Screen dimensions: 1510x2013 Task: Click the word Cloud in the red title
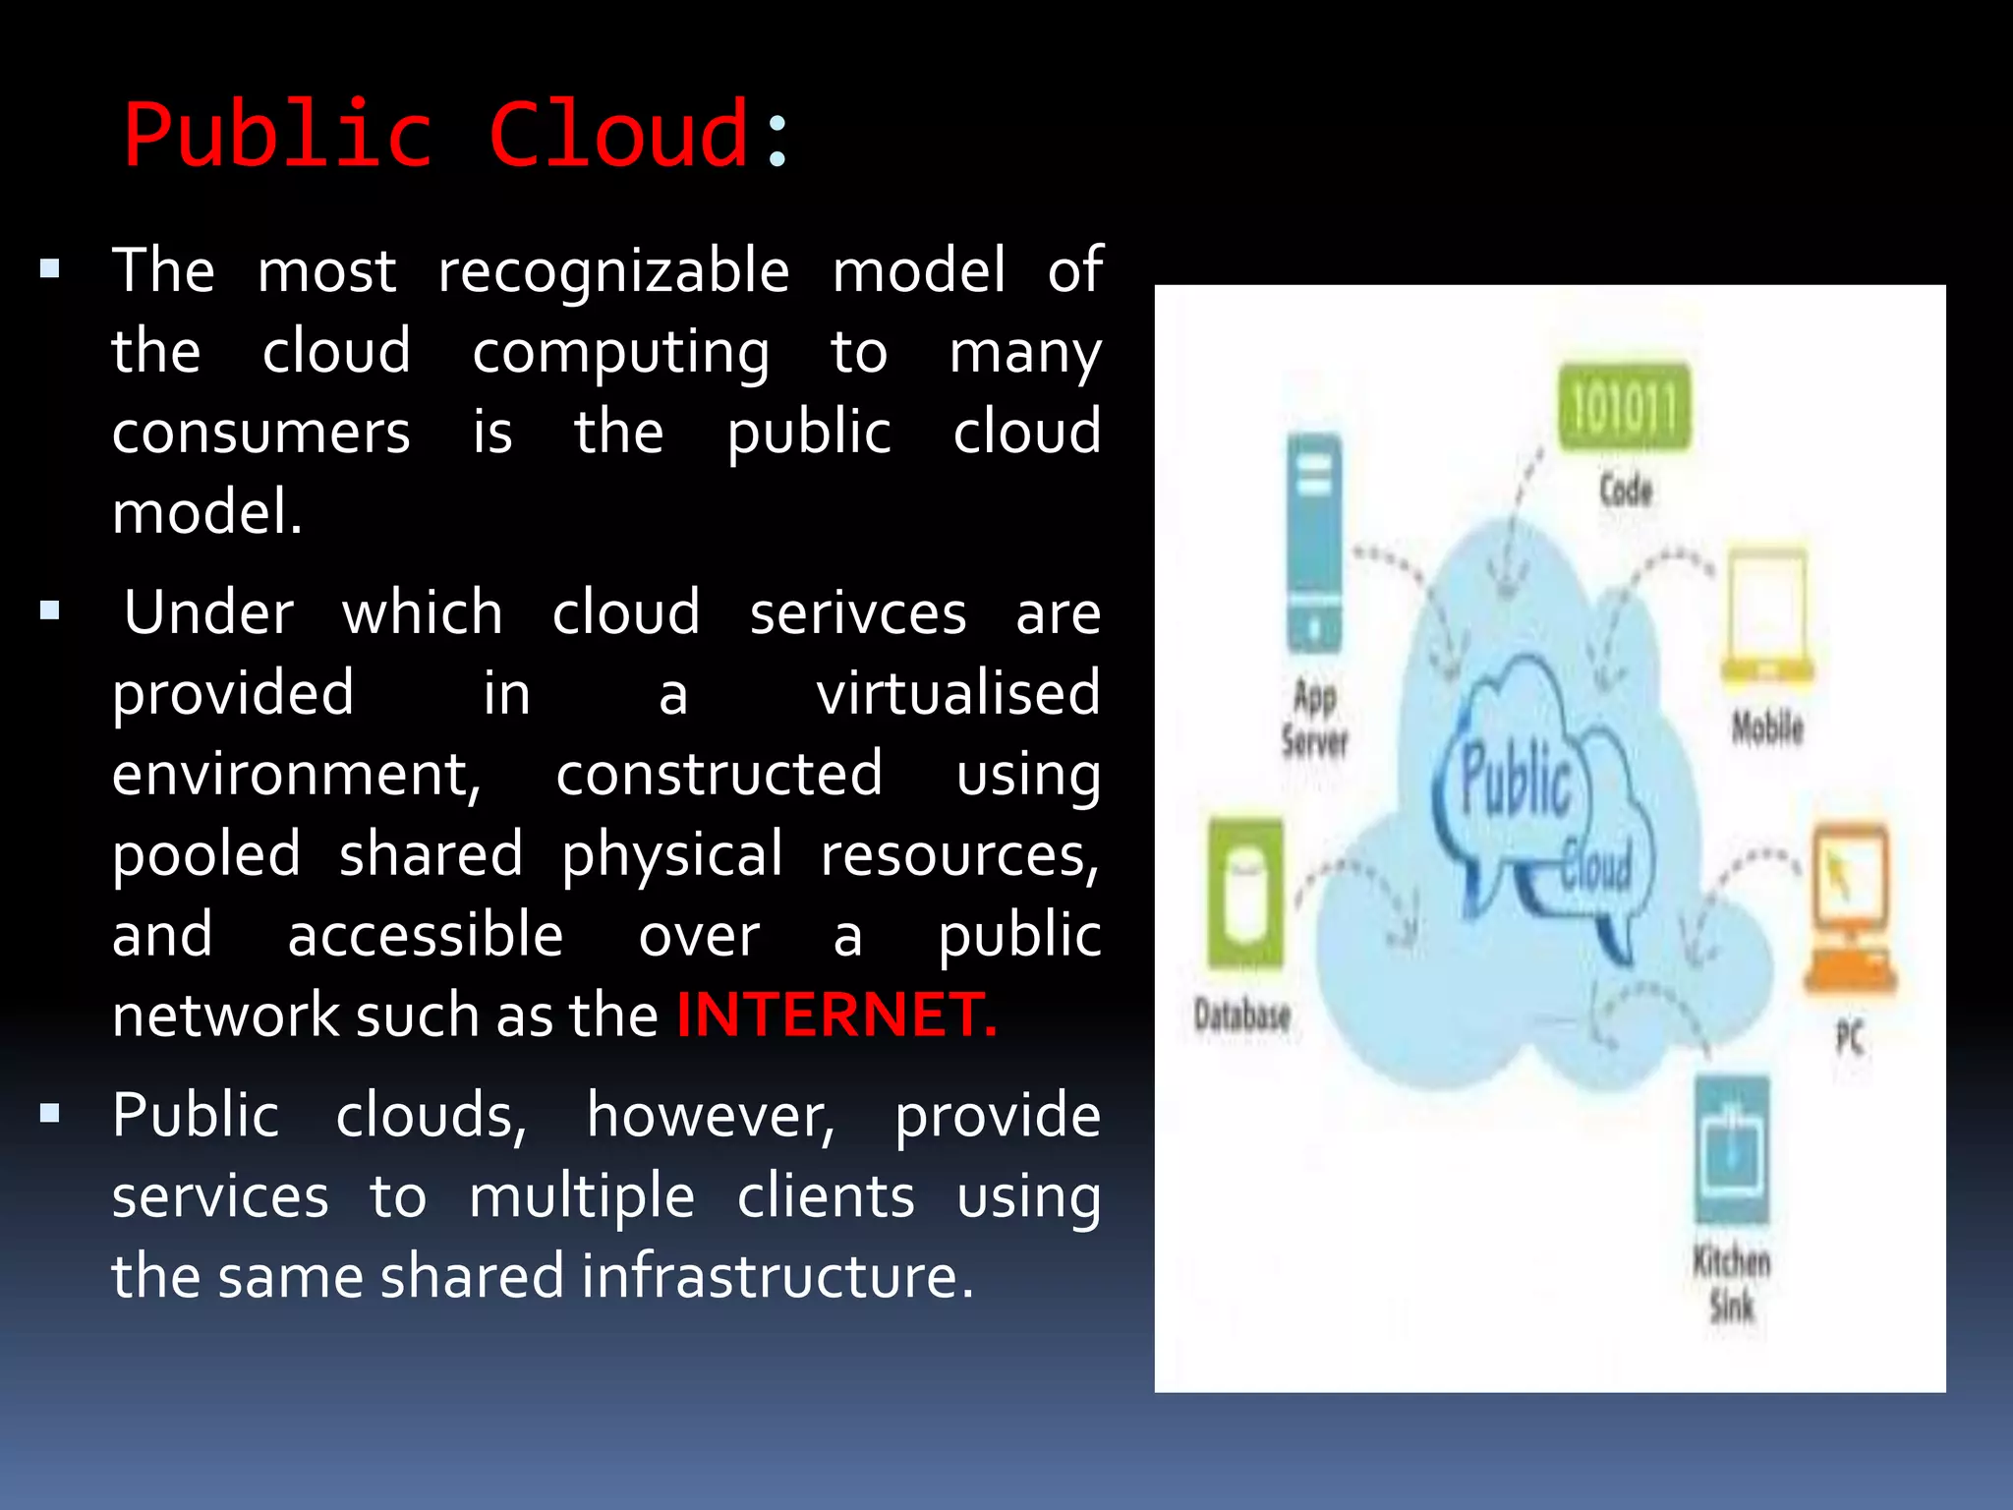tap(620, 135)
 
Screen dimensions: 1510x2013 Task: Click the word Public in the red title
tap(278, 135)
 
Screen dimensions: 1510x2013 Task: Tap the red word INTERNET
tap(836, 1015)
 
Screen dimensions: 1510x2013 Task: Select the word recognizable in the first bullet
tap(613, 270)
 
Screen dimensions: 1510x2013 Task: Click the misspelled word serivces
tap(858, 612)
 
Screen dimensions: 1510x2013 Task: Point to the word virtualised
tap(957, 693)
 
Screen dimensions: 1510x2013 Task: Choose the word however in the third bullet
tap(710, 1116)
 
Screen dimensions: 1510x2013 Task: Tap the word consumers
tap(260, 433)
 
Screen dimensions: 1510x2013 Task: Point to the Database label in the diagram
tap(1241, 1015)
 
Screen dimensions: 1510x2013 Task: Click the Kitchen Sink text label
tap(1731, 1284)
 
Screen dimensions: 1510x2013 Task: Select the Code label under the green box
tap(1626, 490)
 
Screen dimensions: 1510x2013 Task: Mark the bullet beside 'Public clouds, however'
tap(50, 1114)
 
